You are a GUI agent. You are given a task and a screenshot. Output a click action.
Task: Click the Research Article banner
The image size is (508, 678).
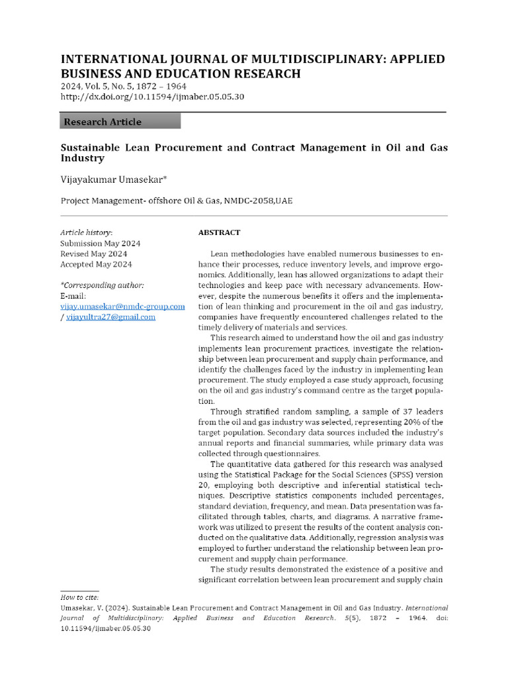[x=120, y=121]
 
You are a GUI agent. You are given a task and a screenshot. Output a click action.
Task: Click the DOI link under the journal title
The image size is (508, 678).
[x=152, y=97]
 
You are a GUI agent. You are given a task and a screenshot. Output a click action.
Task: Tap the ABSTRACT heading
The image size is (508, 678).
[x=219, y=233]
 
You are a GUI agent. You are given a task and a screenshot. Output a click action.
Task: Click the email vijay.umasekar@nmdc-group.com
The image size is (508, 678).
[x=122, y=307]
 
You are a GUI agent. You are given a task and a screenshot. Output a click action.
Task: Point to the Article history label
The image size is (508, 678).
[x=86, y=233]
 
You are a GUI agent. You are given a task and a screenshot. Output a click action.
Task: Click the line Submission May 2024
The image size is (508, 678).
[x=100, y=244]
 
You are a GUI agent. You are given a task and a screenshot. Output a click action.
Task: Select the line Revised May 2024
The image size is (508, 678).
[x=93, y=254]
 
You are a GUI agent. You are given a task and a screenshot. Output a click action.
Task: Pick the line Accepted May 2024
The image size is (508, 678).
[x=96, y=265]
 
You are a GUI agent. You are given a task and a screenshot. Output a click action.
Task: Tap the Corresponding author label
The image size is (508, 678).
[x=102, y=285]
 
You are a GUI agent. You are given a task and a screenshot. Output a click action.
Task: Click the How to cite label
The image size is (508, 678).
[x=79, y=597]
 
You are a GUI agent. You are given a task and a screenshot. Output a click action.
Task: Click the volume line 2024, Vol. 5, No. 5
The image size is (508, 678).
[x=123, y=86]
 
